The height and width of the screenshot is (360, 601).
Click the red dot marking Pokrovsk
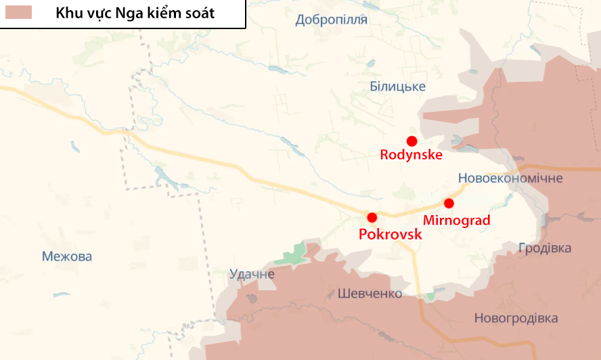(x=372, y=217)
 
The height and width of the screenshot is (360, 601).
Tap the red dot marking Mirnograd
(x=448, y=203)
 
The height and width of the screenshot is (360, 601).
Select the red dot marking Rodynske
(x=411, y=140)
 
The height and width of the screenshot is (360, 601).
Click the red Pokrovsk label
(x=391, y=235)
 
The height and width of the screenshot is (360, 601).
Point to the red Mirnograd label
(x=456, y=220)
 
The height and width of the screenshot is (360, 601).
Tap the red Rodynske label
(x=411, y=155)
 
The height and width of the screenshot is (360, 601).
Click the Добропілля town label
(x=331, y=20)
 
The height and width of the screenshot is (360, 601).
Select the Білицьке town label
(x=398, y=86)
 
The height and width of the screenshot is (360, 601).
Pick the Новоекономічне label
(x=510, y=178)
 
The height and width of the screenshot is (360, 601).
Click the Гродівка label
(x=544, y=248)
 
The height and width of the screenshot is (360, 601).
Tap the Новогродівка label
(x=516, y=318)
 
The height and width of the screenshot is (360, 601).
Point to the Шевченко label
(x=370, y=294)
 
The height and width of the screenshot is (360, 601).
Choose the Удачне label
(x=252, y=274)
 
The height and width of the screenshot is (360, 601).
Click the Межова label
(x=66, y=256)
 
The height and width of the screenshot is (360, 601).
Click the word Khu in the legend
(x=68, y=13)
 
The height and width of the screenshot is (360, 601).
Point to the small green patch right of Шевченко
(x=430, y=296)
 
